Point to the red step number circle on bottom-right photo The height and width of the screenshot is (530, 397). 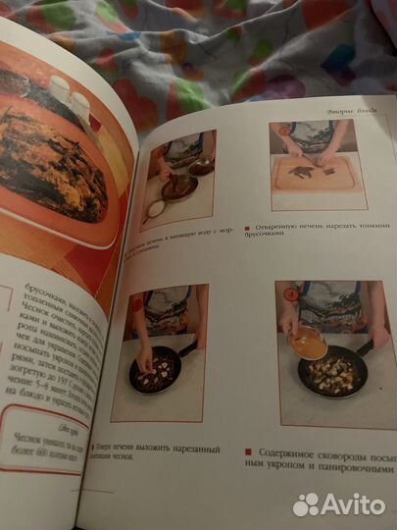(x=286, y=292)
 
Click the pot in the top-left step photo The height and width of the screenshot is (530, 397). (x=179, y=185)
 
